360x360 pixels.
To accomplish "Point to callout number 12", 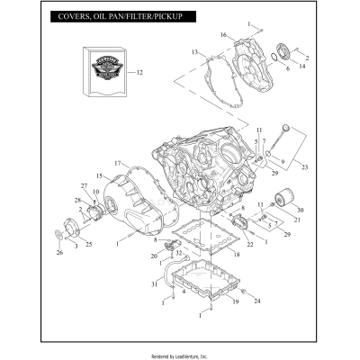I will [139, 71].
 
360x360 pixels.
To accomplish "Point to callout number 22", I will [249, 245].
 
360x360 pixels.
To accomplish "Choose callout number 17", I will [117, 162].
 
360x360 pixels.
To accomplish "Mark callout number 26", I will [59, 253].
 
